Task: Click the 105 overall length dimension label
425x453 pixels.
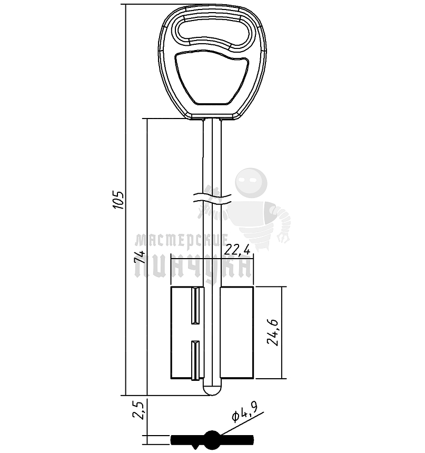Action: tap(119, 200)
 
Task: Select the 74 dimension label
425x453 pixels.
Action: tap(139, 258)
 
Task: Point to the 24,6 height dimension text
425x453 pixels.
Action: tap(272, 332)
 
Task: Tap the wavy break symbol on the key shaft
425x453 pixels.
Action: tap(212, 199)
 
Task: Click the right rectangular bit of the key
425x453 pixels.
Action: tap(237, 332)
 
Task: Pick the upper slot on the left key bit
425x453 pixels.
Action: tap(195, 306)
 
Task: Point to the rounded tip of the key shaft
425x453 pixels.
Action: tap(212, 391)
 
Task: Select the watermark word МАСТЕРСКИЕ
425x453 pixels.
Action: tap(180, 241)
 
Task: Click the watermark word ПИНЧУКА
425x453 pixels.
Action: tap(192, 266)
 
